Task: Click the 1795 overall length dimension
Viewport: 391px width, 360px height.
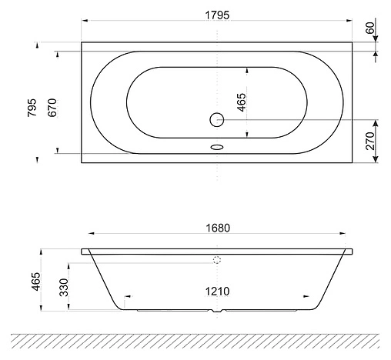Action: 217,15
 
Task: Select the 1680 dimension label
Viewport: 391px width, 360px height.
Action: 218,228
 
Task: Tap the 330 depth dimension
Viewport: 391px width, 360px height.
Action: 64,287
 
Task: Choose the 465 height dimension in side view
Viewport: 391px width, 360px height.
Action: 35,281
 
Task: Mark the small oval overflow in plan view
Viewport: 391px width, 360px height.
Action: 216,149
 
